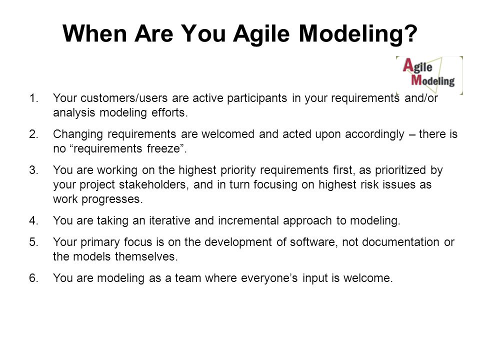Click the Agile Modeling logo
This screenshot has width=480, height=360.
pos(429,75)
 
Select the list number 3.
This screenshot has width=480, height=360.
pos(33,170)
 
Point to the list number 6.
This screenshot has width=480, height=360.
pos(33,278)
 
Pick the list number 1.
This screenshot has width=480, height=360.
pos(33,98)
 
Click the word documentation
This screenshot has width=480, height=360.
pos(400,242)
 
